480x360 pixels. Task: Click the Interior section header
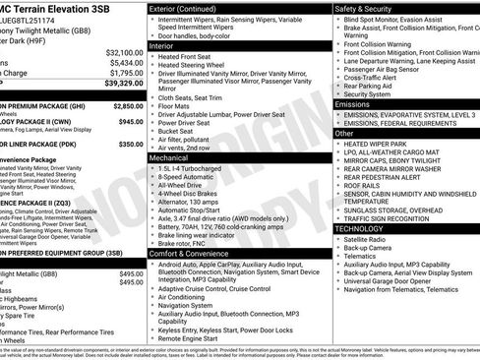coord(163,45)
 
